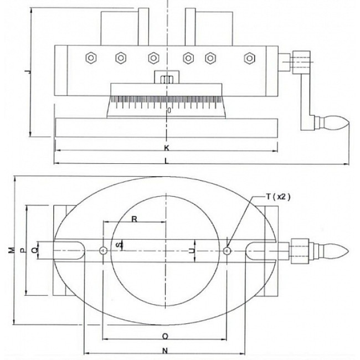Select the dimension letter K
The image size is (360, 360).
click(x=167, y=148)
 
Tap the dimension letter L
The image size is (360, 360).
click(x=167, y=161)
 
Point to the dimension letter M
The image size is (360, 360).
click(x=12, y=250)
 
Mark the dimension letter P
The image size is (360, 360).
click(x=22, y=250)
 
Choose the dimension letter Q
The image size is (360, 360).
click(x=35, y=250)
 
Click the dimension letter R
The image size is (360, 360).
click(x=133, y=219)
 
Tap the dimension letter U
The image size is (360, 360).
click(x=192, y=251)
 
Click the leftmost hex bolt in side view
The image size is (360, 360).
click(x=90, y=57)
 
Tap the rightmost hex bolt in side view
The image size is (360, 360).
click(x=250, y=57)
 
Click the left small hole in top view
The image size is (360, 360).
click(x=104, y=251)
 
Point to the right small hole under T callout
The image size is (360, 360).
click(x=227, y=251)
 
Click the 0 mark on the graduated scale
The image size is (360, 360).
click(x=169, y=111)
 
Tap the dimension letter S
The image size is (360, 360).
click(x=117, y=244)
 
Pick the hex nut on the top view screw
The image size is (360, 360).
click(x=299, y=251)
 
